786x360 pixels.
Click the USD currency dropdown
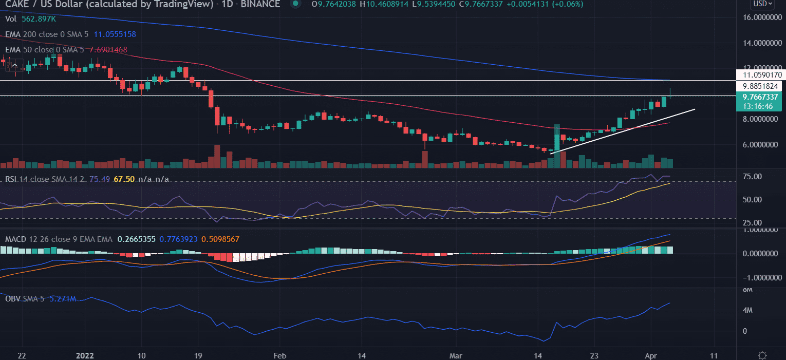[769, 4]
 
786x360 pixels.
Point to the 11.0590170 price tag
[760, 75]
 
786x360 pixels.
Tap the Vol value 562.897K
[43, 19]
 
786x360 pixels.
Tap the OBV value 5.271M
[63, 299]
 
